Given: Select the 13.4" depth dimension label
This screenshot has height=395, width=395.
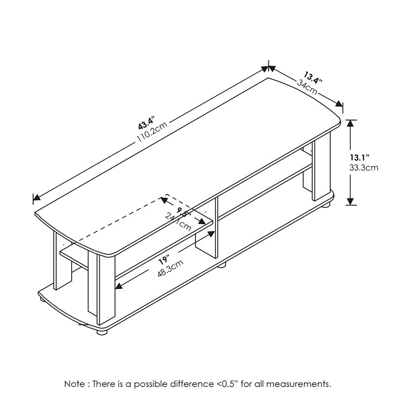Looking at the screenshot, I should [x=313, y=79].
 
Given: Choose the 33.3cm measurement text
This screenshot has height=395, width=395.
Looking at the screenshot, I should [x=363, y=167].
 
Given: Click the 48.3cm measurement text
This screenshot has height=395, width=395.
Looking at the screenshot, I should [x=170, y=269].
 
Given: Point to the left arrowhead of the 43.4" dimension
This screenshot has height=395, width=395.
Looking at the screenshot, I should [x=36, y=198].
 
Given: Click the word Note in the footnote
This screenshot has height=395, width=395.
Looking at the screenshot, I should [x=75, y=384].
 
